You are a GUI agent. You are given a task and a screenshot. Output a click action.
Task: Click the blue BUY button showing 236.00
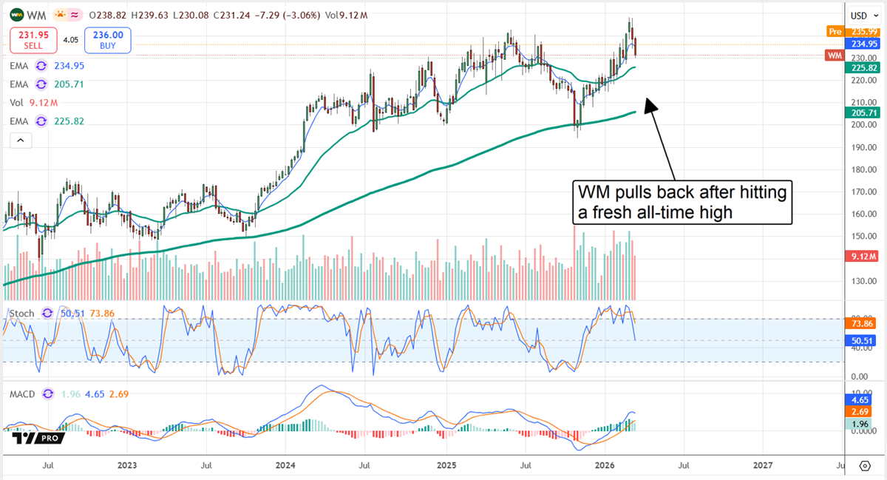[108, 40]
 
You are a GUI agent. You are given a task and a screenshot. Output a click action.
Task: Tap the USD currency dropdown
[858, 16]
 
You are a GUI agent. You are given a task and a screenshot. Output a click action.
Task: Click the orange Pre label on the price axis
[834, 31]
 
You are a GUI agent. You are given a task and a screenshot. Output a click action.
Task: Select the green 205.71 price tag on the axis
[859, 112]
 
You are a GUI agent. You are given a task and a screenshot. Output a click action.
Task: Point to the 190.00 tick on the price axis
[857, 146]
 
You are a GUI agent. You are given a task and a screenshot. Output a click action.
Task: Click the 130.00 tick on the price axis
[857, 281]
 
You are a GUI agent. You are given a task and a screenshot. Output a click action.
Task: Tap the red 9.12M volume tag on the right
[860, 257]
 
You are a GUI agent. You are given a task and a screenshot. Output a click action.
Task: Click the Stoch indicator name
[22, 314]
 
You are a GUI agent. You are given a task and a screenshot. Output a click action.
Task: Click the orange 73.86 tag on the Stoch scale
[859, 324]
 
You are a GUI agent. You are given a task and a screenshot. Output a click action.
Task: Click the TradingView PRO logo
[37, 437]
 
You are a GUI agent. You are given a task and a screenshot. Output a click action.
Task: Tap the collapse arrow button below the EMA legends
[19, 140]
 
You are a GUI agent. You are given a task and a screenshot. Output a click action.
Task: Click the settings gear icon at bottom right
[865, 465]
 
